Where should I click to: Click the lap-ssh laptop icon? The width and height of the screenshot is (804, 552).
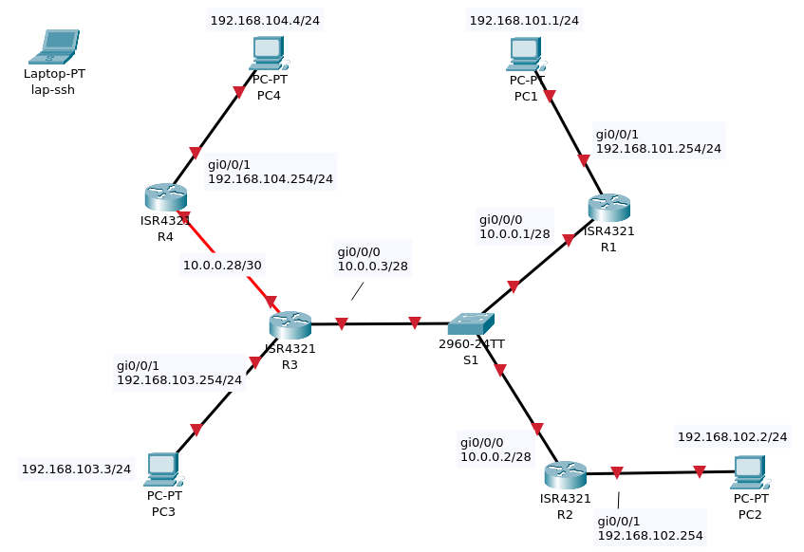(x=54, y=46)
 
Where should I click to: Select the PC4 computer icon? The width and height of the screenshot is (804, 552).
(x=269, y=53)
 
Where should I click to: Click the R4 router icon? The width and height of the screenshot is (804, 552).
(x=165, y=196)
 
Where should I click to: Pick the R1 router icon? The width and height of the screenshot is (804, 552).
(x=608, y=207)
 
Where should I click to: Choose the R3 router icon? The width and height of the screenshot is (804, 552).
(x=290, y=324)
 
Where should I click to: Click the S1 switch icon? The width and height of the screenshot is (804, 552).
(x=470, y=324)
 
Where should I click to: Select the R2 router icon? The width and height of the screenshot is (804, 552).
(x=565, y=474)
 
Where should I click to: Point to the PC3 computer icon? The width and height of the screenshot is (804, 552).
(x=162, y=469)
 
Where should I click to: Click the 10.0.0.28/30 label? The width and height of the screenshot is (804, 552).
(x=222, y=266)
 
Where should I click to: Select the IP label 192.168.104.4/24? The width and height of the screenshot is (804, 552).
(x=265, y=20)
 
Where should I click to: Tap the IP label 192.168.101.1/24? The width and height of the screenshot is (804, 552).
(x=524, y=20)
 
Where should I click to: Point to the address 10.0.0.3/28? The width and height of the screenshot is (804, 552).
(x=372, y=267)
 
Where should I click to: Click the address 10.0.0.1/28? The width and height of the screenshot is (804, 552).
(x=514, y=233)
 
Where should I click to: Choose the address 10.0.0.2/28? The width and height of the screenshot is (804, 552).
(x=495, y=457)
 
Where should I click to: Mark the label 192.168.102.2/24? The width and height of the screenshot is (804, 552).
(x=732, y=437)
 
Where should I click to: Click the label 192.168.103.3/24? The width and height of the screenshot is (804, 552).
(x=76, y=469)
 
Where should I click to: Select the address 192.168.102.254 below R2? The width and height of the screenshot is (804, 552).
(x=649, y=536)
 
